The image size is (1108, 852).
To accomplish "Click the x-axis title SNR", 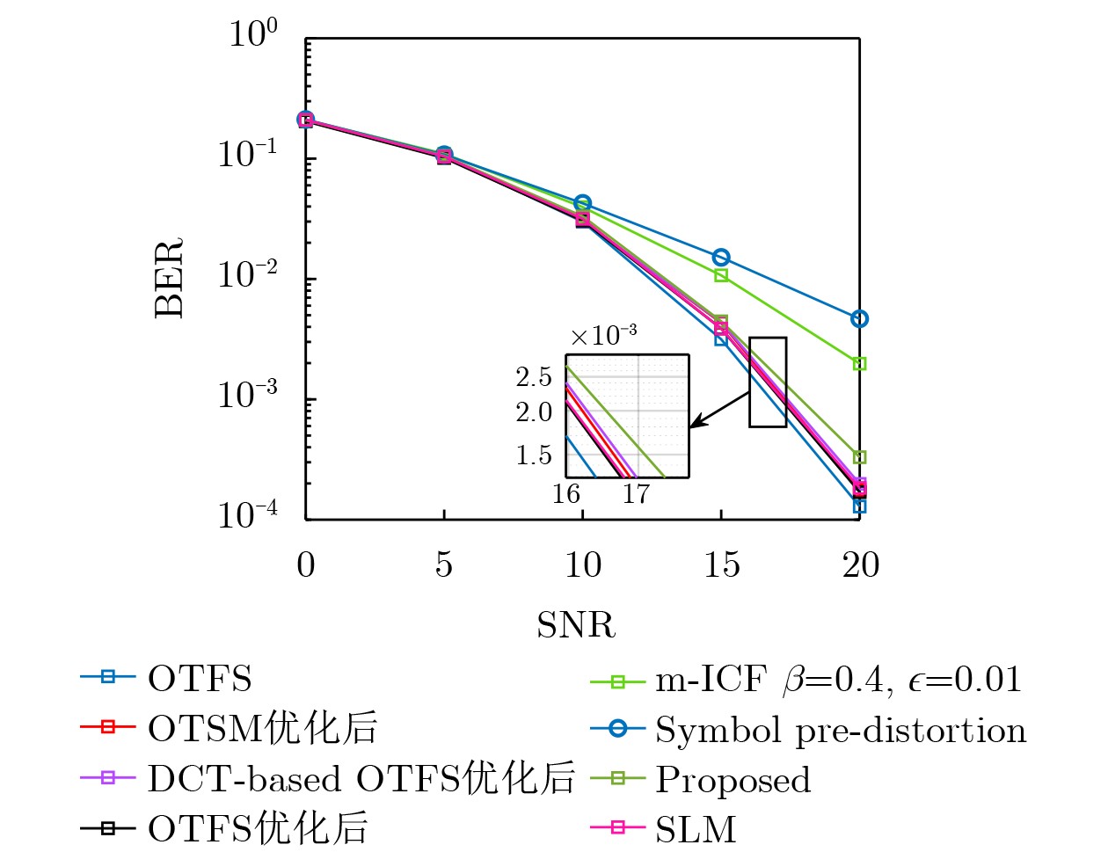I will (576, 625).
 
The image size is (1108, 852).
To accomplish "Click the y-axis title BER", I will (169, 278).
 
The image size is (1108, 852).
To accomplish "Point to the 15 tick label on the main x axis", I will (721, 564).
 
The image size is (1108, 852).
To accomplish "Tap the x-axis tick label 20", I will (860, 564).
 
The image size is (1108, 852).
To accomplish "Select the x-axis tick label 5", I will (444, 564).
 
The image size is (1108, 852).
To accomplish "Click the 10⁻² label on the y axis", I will (247, 274).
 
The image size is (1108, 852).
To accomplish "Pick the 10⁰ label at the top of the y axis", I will (252, 33).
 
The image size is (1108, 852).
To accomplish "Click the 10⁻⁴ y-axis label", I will (247, 513).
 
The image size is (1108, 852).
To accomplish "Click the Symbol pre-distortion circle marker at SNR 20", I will (860, 319).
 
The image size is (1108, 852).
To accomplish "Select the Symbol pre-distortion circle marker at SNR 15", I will (721, 258).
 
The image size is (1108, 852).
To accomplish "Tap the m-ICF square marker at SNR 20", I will (860, 363).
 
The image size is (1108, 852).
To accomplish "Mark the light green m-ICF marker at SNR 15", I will (721, 275).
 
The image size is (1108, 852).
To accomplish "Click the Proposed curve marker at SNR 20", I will (860, 457).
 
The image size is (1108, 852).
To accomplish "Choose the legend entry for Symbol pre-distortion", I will (840, 731).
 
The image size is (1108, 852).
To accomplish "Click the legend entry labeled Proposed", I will (733, 780).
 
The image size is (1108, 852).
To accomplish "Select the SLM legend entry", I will (695, 829).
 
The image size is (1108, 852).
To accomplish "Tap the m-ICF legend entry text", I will (837, 680).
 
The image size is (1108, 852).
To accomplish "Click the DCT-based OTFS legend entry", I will (361, 779).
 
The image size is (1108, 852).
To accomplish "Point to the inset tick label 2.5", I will (534, 377).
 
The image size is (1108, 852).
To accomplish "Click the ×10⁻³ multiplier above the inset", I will (603, 335).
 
